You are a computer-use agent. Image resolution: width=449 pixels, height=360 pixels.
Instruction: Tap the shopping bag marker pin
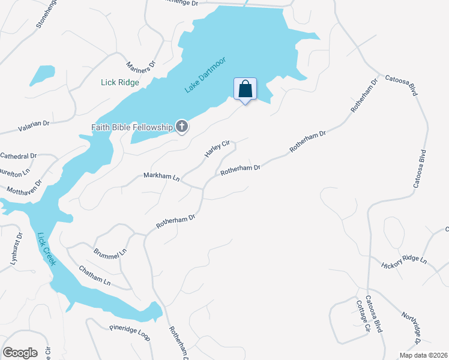pos(245,90)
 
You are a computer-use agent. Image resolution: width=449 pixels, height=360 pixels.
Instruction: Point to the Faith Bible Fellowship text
pos(131,127)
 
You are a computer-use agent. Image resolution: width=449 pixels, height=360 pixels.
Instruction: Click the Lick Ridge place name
pos(120,83)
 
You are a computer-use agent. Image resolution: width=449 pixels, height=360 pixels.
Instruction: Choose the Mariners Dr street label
pos(142,62)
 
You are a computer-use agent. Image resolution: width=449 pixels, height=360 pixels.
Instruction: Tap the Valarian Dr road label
pos(34,122)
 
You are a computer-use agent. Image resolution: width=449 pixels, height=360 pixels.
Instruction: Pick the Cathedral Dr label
pos(18,156)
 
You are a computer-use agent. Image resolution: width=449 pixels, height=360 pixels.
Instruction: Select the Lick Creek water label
pos(46,249)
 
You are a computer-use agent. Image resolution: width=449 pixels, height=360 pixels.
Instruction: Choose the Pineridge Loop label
pos(129,331)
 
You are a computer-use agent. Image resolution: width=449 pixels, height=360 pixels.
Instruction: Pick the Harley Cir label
pos(217,148)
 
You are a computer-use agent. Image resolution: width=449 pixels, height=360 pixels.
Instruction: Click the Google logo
pos(20,353)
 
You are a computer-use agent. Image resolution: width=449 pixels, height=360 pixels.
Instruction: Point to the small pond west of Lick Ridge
pos(42,75)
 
